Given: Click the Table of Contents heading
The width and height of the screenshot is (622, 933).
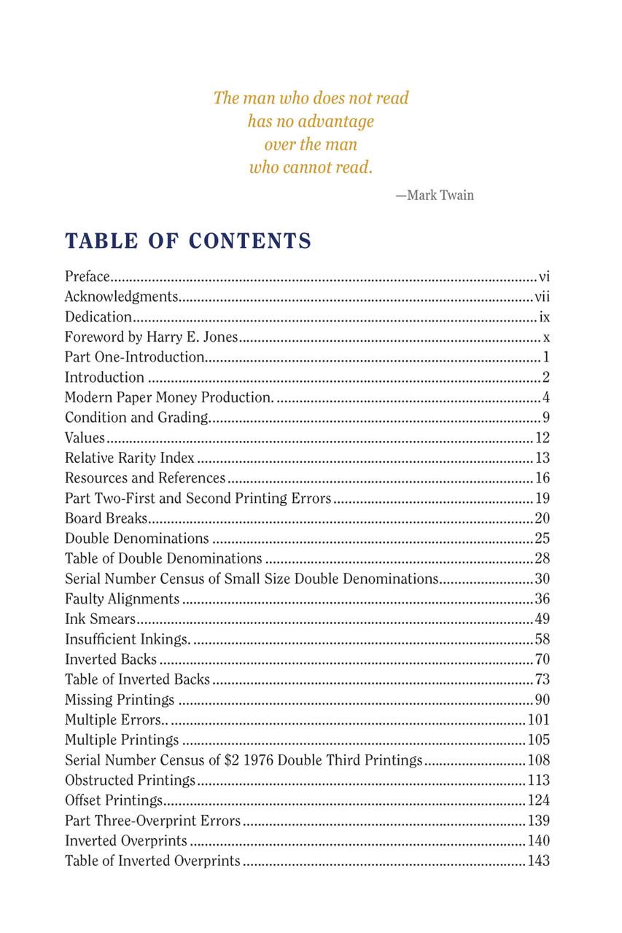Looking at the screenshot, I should [188, 241].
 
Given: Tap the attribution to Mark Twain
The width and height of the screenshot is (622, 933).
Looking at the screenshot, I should [435, 195].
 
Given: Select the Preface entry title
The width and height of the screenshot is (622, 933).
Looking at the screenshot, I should [87, 277].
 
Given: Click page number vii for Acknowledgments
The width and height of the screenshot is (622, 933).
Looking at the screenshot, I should [542, 297].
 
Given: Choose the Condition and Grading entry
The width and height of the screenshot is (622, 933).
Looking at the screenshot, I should [136, 418].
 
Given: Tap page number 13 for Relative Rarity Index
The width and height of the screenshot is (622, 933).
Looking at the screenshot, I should [542, 458].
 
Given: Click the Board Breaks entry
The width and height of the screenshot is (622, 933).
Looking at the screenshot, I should [106, 518].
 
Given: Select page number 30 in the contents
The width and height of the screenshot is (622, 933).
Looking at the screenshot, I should [542, 579].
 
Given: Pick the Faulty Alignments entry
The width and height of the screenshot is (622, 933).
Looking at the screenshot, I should [122, 599].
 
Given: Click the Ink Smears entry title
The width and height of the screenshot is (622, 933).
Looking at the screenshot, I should [100, 620].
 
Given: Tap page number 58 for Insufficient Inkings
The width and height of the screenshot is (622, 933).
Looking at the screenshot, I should [542, 639].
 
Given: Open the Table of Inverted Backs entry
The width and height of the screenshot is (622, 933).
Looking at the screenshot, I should [137, 680].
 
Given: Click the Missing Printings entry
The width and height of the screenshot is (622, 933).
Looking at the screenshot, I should [120, 700].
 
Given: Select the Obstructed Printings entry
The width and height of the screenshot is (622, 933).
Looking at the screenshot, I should [130, 781].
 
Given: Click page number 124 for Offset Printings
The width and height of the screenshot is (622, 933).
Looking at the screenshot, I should [538, 800].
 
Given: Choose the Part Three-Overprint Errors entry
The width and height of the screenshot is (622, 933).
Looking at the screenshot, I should [152, 821].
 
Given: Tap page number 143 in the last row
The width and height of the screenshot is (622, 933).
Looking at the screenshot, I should [538, 861].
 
